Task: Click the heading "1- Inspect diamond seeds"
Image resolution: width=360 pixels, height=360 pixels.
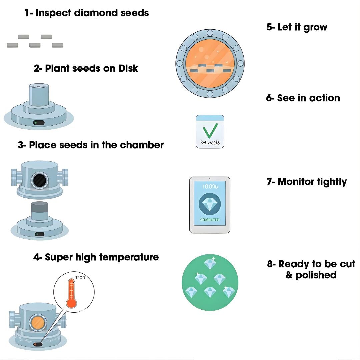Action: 87,13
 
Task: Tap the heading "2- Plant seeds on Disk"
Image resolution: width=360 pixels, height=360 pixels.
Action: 86,68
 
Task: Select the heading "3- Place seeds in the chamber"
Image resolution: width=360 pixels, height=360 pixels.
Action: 91,145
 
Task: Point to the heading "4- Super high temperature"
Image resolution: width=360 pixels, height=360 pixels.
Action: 96,257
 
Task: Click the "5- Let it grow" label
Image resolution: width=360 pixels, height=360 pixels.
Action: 297,27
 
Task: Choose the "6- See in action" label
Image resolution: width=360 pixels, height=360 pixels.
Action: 303,98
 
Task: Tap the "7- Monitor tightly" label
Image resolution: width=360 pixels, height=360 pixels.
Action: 307,182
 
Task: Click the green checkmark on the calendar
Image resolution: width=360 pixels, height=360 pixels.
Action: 210,130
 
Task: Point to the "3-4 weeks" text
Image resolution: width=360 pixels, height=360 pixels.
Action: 210,143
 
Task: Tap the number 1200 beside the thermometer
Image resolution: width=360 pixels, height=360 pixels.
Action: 80,277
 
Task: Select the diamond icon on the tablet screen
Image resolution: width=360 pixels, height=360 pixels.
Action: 210,204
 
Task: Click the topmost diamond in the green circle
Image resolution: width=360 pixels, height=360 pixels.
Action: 210,264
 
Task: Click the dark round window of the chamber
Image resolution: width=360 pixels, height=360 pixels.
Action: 40,180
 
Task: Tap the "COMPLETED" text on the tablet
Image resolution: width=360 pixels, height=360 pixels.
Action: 210,220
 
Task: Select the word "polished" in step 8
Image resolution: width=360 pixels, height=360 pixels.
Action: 311,275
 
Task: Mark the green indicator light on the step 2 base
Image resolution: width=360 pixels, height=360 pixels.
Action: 36,123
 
